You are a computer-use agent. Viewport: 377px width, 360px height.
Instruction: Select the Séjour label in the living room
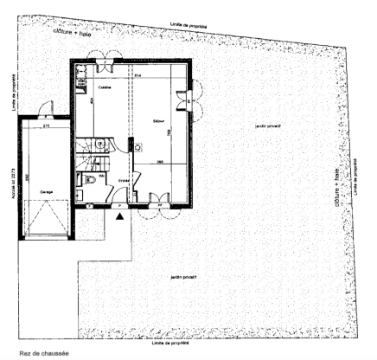[x=158, y=119]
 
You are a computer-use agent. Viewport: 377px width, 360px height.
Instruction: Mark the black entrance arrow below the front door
[x=119, y=217]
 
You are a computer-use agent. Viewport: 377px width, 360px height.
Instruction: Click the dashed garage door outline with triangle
[x=47, y=215]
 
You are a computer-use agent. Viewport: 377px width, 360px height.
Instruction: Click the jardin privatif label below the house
[x=185, y=276]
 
